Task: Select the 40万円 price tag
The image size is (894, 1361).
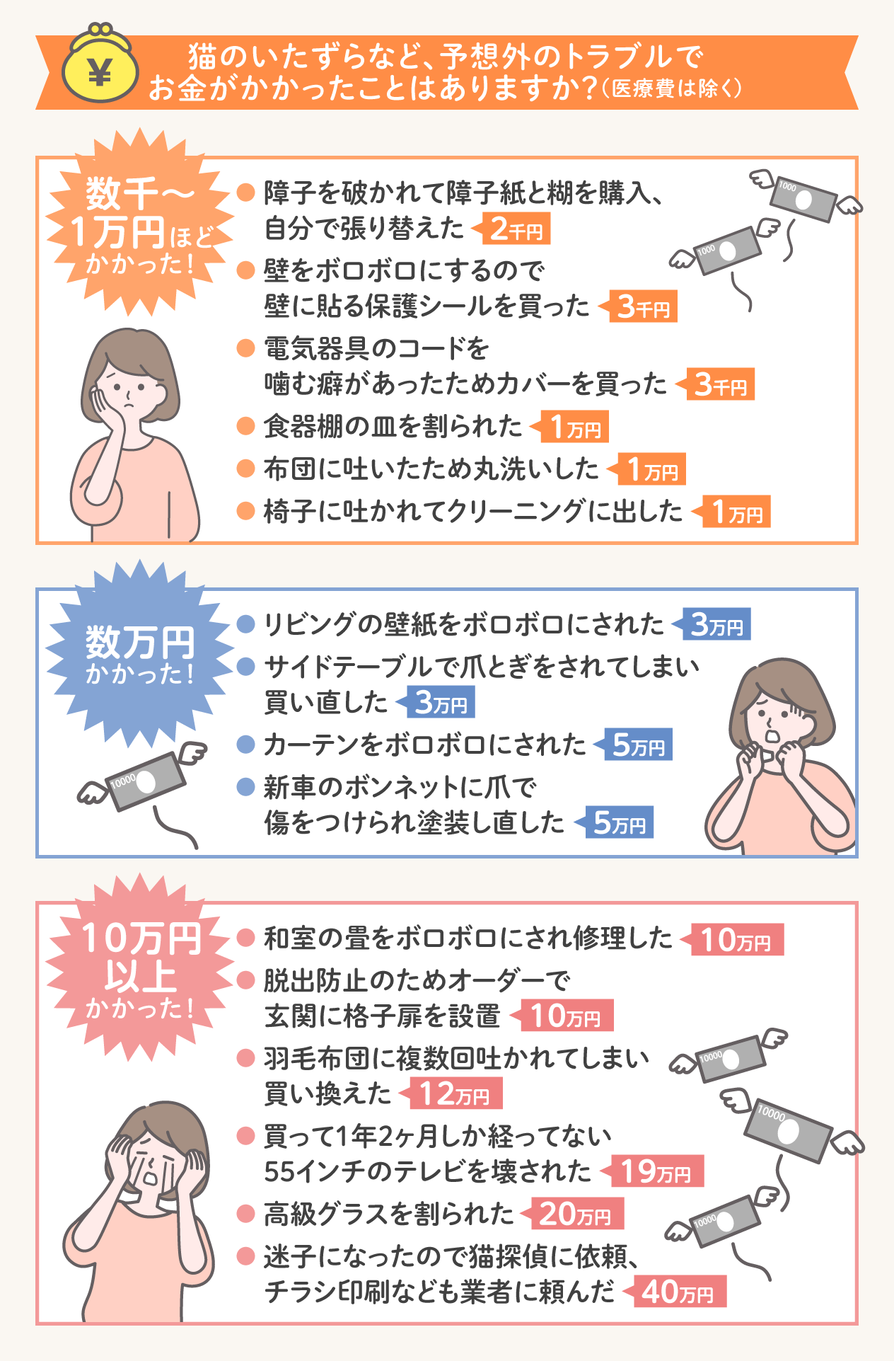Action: [x=679, y=1292]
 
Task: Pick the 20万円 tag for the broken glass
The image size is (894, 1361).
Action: [x=576, y=1214]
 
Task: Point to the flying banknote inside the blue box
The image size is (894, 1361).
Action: [x=145, y=782]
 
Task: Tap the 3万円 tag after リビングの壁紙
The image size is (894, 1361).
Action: [x=715, y=624]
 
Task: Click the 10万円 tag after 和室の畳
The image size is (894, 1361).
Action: [x=736, y=940]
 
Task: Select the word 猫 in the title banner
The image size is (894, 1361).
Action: [x=203, y=55]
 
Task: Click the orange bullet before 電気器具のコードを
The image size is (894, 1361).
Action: [x=245, y=348]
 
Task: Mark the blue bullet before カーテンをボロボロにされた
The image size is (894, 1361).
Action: [x=245, y=745]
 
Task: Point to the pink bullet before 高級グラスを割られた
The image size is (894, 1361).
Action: [x=245, y=1214]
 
